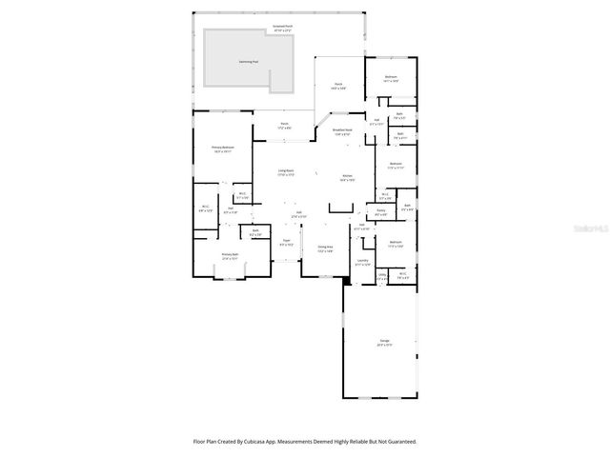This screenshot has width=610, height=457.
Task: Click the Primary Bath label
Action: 230,256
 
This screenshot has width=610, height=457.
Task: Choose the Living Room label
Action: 285,172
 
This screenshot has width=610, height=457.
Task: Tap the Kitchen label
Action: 348,178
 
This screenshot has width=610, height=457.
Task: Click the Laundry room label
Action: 362,262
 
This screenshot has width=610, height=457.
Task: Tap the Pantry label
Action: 380,212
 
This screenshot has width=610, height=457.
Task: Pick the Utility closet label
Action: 382,277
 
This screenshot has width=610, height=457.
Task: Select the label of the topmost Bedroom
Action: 391,78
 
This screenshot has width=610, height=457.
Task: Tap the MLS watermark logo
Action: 592,229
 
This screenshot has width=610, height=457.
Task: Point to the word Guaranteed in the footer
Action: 397,442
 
